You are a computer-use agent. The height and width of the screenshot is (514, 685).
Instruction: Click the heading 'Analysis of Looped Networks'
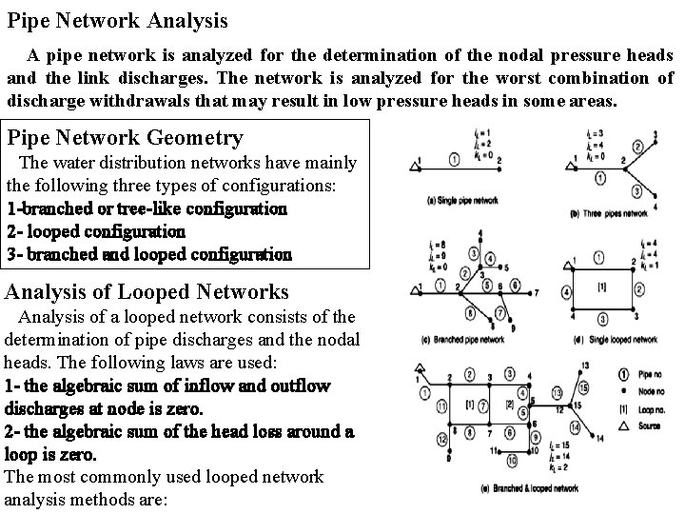147,292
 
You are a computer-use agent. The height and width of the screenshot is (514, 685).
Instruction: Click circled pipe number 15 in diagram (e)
582,386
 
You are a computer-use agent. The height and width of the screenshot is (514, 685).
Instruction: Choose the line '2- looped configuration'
96,230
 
